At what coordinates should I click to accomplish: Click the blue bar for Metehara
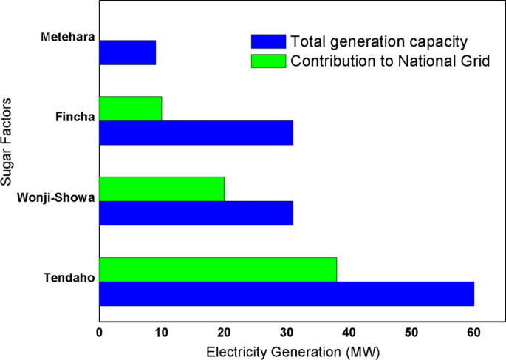click(x=127, y=52)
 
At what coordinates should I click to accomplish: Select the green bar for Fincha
click(x=130, y=109)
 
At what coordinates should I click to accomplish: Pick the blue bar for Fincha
click(x=196, y=133)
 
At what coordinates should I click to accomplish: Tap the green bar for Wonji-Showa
click(x=161, y=189)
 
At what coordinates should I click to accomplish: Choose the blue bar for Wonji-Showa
click(x=196, y=213)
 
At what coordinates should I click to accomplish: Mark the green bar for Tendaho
click(x=218, y=269)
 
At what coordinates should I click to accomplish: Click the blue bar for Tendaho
click(x=287, y=293)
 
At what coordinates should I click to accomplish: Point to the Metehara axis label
click(x=66, y=37)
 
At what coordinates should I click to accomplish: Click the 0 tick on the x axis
click(x=99, y=333)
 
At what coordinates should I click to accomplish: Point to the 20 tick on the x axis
click(x=224, y=333)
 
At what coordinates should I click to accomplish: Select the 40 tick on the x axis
click(x=349, y=333)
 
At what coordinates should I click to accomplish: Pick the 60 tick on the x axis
click(x=473, y=333)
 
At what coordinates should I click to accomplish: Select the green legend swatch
click(x=269, y=61)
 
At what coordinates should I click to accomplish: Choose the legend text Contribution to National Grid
click(x=390, y=61)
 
